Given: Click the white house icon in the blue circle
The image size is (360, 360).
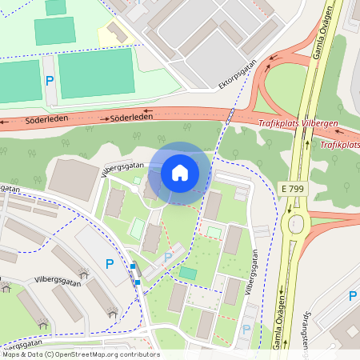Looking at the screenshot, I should coord(180,172).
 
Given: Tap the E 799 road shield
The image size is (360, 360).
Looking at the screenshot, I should coord(293,187).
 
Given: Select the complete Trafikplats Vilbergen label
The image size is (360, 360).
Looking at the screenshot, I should coord(298,123).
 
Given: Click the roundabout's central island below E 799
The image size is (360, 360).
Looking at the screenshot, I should coord(299,222).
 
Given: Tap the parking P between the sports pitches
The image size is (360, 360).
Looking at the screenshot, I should coord(49,81).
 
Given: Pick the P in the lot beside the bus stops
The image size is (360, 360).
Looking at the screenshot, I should coord(110,263).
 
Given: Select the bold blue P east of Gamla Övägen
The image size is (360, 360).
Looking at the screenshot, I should coord(352,296).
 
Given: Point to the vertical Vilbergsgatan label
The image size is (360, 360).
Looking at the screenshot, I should coord(254,272).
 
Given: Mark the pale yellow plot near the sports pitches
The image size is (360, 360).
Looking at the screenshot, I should coord(113,34).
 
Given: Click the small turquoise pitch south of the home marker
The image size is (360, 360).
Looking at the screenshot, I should coord(188,274).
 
